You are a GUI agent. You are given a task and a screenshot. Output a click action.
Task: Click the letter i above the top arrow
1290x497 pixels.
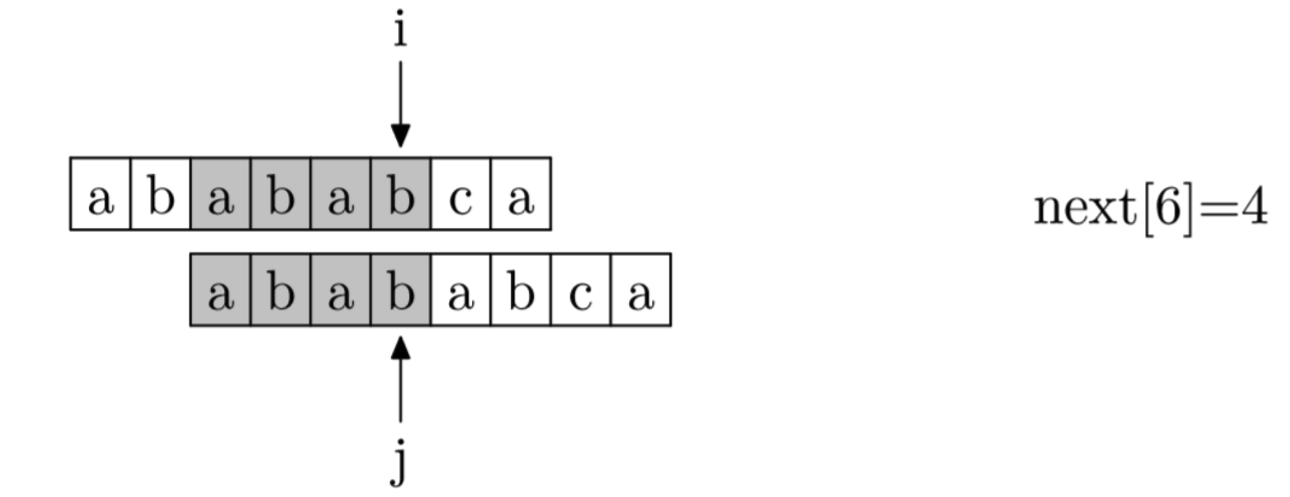pos(400,31)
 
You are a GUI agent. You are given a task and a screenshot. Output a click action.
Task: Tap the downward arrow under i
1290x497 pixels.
pos(400,104)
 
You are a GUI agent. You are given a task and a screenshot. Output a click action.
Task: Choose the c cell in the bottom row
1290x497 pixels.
pos(581,290)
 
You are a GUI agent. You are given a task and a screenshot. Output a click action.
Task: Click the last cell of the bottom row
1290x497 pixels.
pos(641,290)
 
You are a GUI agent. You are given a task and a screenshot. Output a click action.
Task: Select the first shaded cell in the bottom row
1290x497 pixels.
pos(220,290)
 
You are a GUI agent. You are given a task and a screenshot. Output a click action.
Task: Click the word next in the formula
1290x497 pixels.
pos(1084,208)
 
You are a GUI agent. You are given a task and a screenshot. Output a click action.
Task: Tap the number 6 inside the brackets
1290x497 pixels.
pos(1167,208)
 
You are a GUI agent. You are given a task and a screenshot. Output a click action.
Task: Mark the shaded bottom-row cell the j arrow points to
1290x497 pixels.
pos(400,290)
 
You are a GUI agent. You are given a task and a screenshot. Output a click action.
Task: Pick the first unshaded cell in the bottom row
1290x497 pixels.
pos(461,290)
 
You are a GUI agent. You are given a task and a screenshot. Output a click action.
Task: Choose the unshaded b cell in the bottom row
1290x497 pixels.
pos(521,290)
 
